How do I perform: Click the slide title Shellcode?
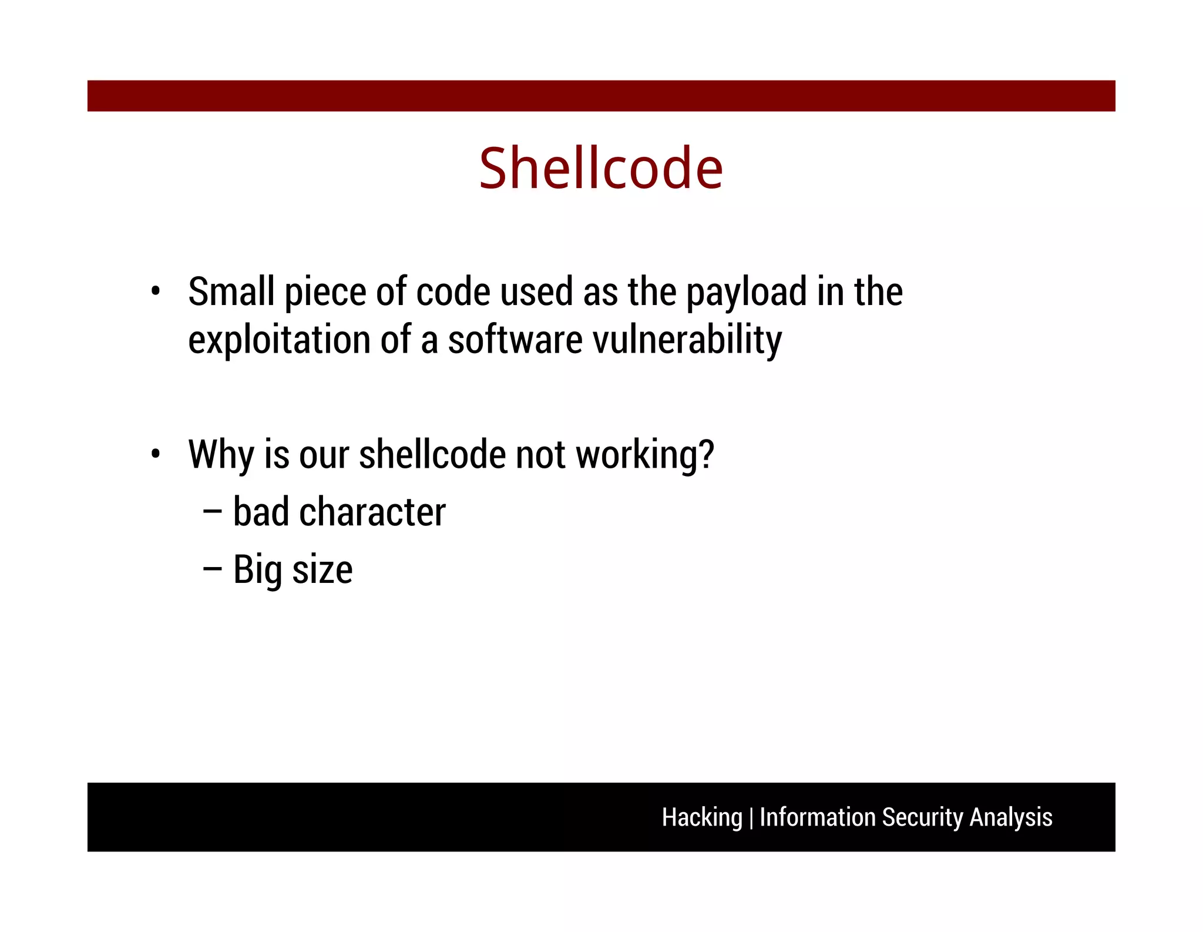(x=600, y=169)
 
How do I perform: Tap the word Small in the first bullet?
(x=231, y=292)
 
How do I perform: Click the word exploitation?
(x=279, y=340)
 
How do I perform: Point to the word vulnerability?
(x=687, y=340)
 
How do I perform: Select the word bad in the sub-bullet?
(x=261, y=512)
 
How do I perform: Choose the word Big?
(x=257, y=569)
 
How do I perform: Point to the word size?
(x=322, y=569)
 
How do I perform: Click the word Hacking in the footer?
(x=702, y=817)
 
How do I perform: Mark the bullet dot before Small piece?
(x=155, y=291)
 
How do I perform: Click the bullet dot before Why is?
(x=155, y=454)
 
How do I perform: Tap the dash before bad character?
(x=212, y=512)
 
